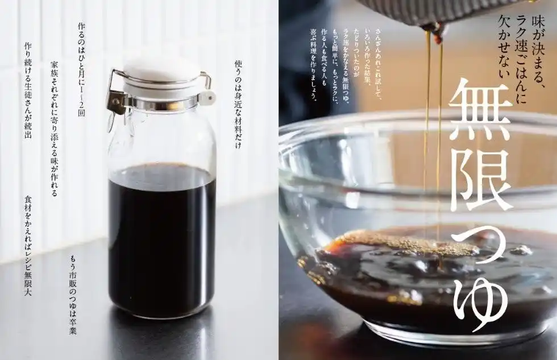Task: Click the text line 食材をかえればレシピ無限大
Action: pos(28,246)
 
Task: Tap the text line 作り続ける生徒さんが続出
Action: pos(28,90)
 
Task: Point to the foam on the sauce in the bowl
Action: pos(405,242)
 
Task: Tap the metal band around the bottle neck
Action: pos(161,104)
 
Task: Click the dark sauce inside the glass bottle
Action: pos(161,239)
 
